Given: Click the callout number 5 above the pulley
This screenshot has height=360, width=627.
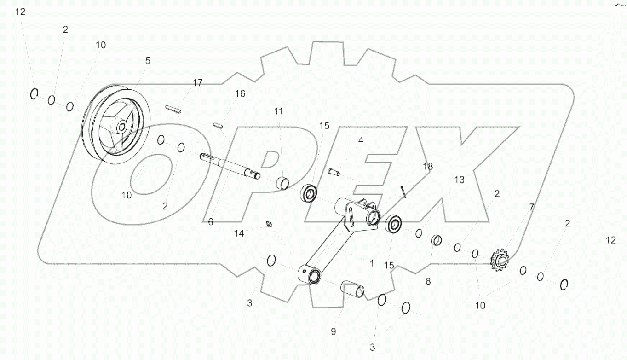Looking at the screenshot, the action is (148, 60).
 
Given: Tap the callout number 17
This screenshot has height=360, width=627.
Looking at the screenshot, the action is (197, 83).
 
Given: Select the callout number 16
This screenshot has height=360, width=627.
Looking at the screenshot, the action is (240, 93).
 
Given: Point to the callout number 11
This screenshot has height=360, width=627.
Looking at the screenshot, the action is (278, 111).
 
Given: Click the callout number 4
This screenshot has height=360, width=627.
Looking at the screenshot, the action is (361, 140).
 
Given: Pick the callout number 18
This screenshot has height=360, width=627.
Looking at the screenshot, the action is (428, 166).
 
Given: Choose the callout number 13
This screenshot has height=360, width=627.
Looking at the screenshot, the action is (460, 180).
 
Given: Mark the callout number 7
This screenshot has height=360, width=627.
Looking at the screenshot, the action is (531, 207).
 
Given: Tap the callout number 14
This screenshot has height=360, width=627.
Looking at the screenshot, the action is (239, 233).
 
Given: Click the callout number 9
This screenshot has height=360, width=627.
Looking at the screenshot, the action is (333, 331).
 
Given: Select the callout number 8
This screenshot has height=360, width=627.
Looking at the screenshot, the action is (428, 281).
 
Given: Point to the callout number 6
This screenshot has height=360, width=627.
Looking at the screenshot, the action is (211, 222).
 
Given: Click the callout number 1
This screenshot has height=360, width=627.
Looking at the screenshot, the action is (372, 263).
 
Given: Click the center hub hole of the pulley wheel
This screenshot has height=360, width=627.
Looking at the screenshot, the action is (122, 128).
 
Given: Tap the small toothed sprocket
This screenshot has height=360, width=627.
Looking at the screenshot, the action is (500, 260).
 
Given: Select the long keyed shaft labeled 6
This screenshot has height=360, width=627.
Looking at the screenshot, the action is (230, 166).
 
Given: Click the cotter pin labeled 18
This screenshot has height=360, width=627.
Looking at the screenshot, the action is (403, 192).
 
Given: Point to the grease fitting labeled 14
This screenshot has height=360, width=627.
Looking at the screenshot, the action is (269, 224).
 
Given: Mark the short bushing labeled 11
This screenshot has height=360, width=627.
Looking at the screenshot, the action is (283, 183).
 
